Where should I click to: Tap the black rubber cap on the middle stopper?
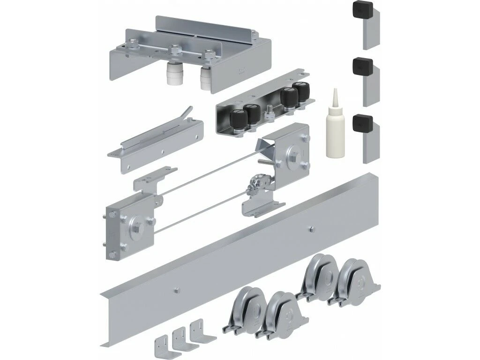click(x=364, y=65)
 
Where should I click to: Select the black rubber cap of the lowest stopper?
click(x=364, y=123)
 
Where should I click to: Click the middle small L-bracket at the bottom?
click(x=180, y=336)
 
